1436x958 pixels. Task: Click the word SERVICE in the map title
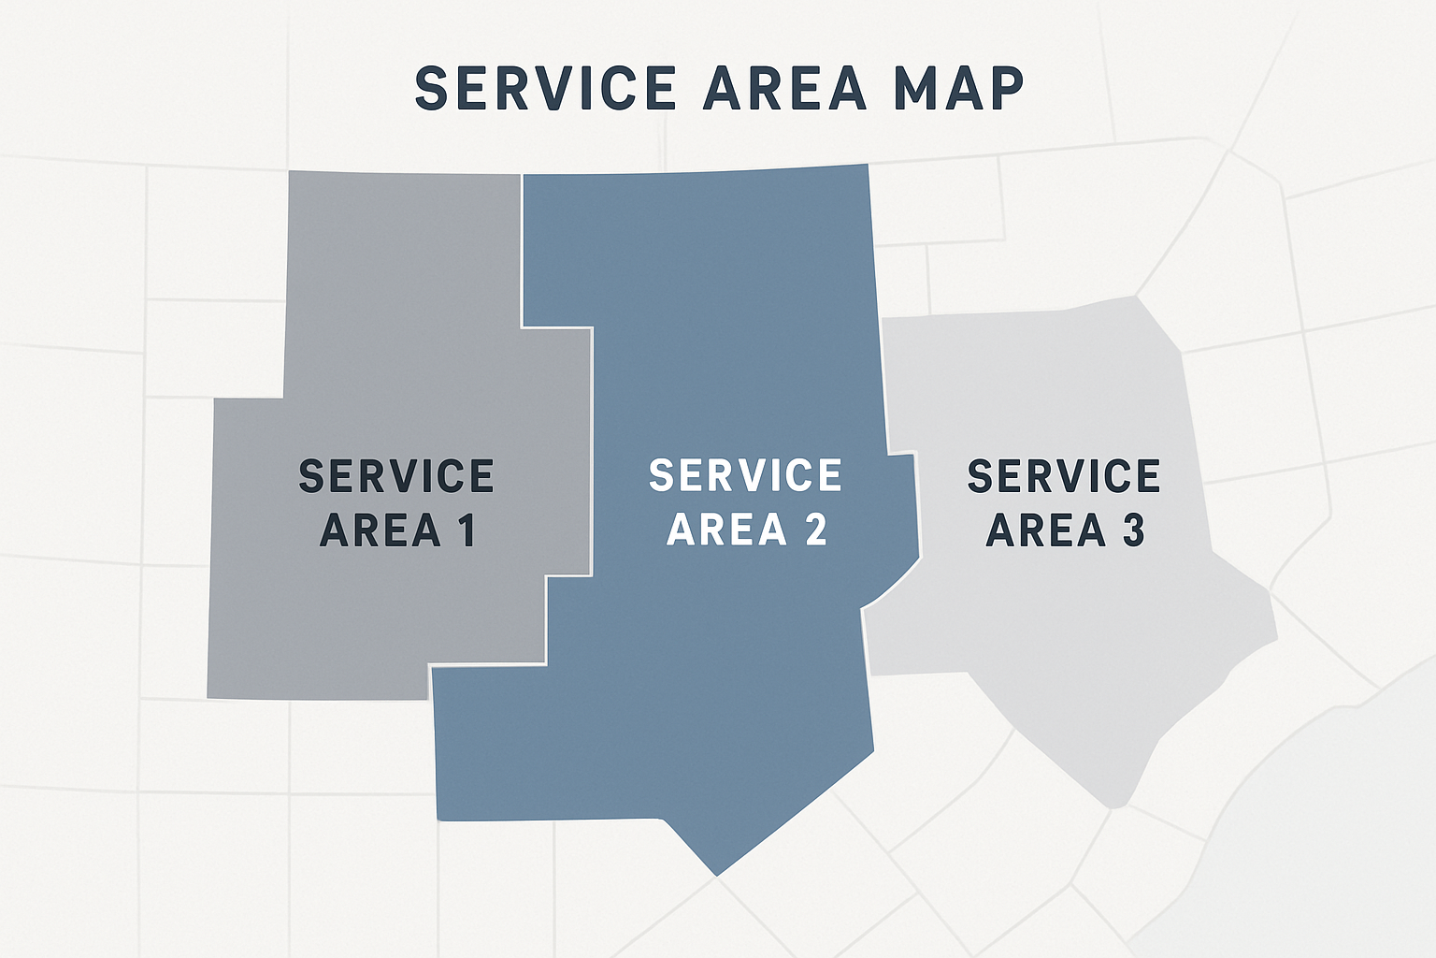click(x=545, y=89)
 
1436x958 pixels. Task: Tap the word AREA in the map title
click(x=786, y=89)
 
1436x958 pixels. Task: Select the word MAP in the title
click(x=958, y=89)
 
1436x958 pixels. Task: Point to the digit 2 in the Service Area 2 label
click(x=815, y=530)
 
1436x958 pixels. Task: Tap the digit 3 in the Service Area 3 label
click(x=1133, y=530)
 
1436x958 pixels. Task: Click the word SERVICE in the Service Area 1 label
click(x=396, y=476)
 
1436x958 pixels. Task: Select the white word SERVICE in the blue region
click(x=745, y=476)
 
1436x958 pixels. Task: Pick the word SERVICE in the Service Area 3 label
click(x=1064, y=476)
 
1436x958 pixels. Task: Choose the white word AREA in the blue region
click(x=727, y=530)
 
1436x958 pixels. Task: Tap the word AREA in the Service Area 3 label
click(x=1046, y=530)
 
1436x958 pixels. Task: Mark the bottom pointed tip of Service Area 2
click(x=717, y=875)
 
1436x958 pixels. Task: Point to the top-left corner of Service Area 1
click(x=290, y=173)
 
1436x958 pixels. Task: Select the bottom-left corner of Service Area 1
click(x=208, y=696)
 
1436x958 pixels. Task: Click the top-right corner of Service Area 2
click(x=868, y=166)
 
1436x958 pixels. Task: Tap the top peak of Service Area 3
click(x=1136, y=298)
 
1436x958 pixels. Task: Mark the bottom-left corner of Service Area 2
click(x=438, y=819)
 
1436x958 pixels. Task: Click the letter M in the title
click(x=915, y=89)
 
